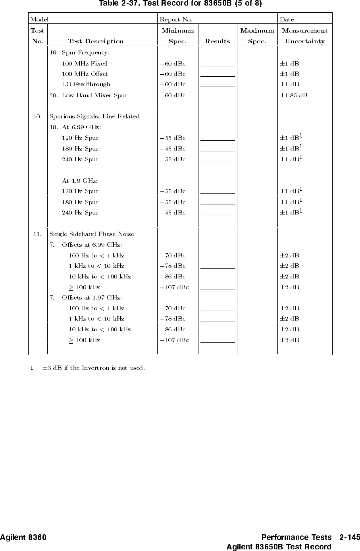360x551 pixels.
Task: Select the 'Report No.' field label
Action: [176, 19]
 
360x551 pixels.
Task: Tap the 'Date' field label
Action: [287, 19]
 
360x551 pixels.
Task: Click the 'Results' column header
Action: [217, 41]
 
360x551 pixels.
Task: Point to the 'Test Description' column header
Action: [96, 41]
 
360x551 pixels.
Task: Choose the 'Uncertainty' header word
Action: [304, 41]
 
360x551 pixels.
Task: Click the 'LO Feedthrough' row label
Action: [86, 84]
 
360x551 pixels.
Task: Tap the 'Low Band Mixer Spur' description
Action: [94, 95]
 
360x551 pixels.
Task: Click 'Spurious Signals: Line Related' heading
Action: [94, 116]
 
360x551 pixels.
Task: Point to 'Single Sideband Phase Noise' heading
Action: [92, 234]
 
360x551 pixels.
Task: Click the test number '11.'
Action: [38, 234]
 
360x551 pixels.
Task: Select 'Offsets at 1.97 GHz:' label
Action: [92, 298]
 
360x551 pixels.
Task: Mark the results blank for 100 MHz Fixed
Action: [218, 64]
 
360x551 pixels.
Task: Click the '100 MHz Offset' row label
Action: [85, 74]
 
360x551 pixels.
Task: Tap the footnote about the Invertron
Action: [93, 367]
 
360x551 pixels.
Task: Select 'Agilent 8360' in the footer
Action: [23, 537]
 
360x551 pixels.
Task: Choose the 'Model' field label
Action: [39, 19]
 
